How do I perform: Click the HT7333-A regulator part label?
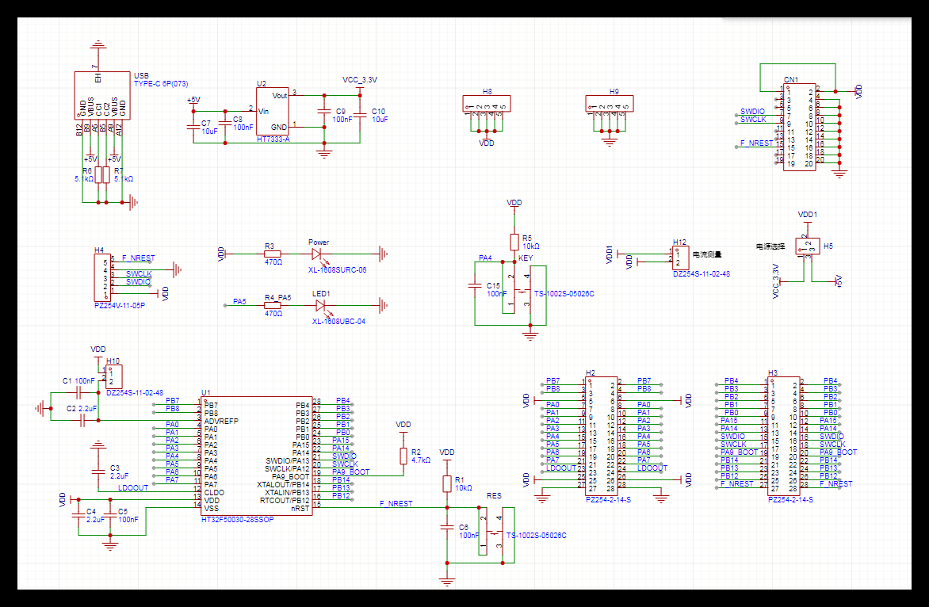coord(273,139)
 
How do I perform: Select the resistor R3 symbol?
coord(273,254)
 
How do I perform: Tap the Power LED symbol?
coord(318,254)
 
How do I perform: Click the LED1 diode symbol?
coord(320,304)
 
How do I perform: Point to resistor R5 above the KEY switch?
coord(514,241)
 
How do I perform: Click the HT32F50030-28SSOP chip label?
coord(238,519)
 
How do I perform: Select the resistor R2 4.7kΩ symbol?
coord(403,456)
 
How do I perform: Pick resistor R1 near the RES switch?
coord(447,484)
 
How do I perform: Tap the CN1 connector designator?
coord(790,80)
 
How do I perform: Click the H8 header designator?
coord(487,92)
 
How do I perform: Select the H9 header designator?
coord(614,92)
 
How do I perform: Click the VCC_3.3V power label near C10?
coord(360,80)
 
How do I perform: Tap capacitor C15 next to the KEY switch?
coord(475,285)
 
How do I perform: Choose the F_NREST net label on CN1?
coord(756,143)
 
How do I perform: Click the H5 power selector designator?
coord(828,246)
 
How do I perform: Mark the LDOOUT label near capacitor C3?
coord(133,488)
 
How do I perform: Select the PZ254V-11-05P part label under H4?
coord(119,304)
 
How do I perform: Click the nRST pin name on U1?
coord(300,508)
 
